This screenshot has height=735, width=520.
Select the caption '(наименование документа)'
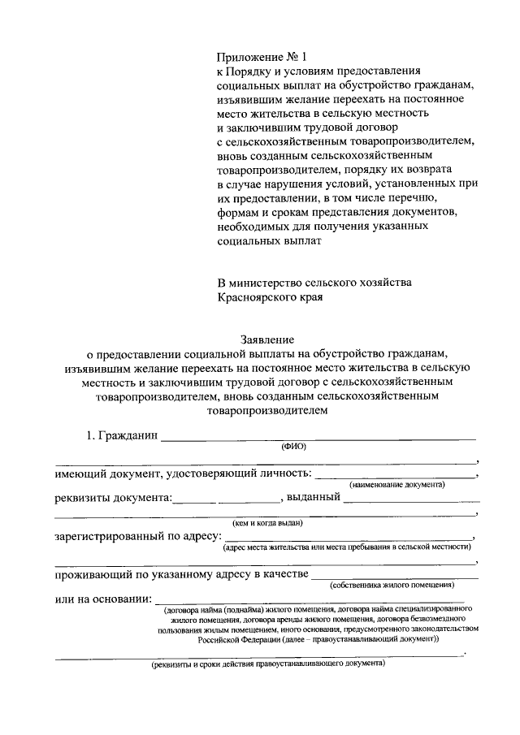pyautogui.click(x=396, y=484)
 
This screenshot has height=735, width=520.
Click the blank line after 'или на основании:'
pyautogui.click(x=317, y=600)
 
